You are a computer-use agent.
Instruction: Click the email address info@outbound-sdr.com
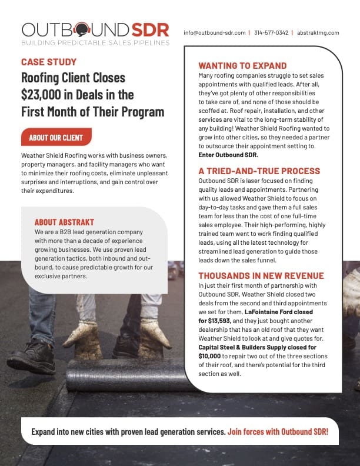(214, 32)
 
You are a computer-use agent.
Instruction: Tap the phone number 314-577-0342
(272, 32)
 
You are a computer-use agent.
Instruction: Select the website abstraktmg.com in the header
(318, 32)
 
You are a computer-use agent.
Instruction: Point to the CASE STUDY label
(49, 62)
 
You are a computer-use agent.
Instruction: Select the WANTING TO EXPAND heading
(242, 66)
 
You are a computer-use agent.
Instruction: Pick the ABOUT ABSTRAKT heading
(65, 222)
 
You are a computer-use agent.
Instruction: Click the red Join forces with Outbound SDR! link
(278, 431)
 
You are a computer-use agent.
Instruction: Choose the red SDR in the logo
(150, 29)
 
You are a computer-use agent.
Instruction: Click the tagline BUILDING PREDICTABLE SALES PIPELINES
(95, 43)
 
